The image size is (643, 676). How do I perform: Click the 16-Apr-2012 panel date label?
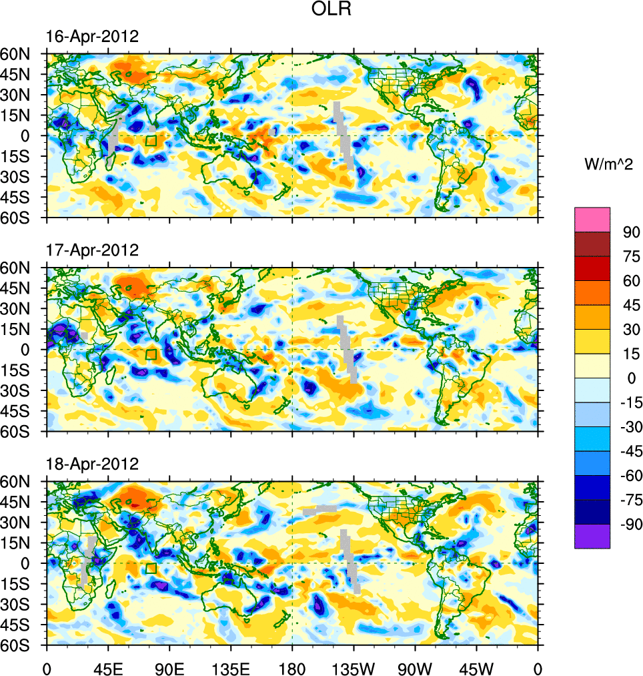[92, 37]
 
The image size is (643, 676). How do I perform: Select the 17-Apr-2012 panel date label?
[92, 250]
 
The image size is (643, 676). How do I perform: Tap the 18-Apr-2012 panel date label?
[92, 464]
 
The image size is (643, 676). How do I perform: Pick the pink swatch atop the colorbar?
[592, 219]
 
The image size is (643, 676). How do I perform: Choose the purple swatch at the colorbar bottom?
[592, 536]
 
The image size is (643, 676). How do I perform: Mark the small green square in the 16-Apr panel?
[151, 140]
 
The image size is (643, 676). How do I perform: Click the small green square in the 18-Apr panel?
[151, 568]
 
